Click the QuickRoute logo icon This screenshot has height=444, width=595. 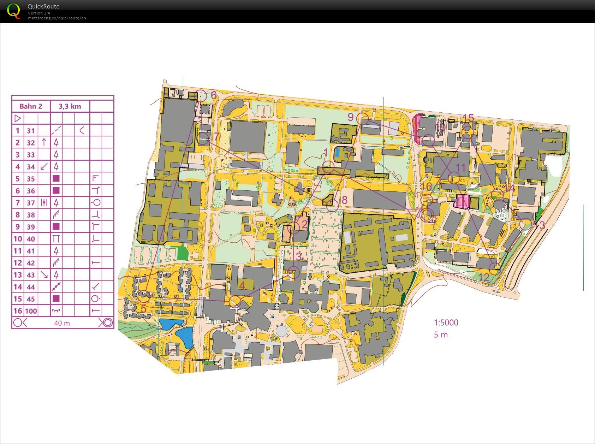[13, 11]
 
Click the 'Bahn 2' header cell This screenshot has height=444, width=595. [31, 106]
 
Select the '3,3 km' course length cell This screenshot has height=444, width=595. [70, 106]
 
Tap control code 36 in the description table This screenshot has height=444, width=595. [31, 191]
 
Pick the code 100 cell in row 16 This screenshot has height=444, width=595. [31, 311]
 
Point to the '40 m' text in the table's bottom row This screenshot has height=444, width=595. [62, 323]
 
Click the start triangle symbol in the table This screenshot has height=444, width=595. [17, 118]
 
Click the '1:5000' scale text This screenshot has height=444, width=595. [446, 322]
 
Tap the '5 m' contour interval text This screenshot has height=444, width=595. [441, 335]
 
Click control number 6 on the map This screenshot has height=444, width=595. [214, 95]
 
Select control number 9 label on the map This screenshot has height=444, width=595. [351, 117]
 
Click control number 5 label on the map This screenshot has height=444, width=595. [143, 308]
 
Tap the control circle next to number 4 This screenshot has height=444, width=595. [235, 301]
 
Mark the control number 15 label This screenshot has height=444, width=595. [468, 118]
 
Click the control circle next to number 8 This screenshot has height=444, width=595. [332, 205]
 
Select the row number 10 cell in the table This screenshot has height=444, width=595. [18, 239]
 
